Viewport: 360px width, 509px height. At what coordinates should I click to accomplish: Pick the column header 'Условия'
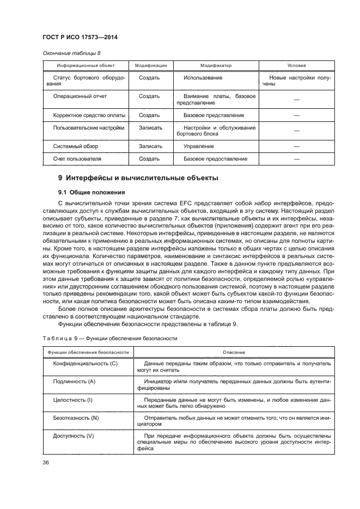click(296, 65)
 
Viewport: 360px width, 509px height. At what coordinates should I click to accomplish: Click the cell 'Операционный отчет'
click(80, 96)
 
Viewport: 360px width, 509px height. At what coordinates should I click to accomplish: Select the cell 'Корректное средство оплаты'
click(89, 115)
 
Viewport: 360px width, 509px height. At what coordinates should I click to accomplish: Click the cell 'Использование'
click(203, 78)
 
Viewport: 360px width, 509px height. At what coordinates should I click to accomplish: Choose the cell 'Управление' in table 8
click(198, 146)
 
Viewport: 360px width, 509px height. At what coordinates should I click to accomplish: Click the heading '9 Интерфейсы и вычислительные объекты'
click(138, 179)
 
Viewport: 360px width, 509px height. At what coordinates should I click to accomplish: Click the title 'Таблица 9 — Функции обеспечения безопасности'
click(110, 338)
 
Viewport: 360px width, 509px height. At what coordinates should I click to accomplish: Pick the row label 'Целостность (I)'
click(73, 400)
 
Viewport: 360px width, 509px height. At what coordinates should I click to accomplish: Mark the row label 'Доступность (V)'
click(74, 436)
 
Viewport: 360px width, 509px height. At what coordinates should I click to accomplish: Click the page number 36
click(46, 463)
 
